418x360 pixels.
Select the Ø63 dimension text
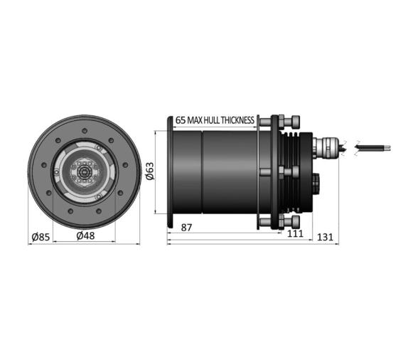[x=149, y=171]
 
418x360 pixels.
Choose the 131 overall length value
[x=326, y=237]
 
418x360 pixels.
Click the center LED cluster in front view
[x=85, y=172]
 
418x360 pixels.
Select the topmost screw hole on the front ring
[x=85, y=130]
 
